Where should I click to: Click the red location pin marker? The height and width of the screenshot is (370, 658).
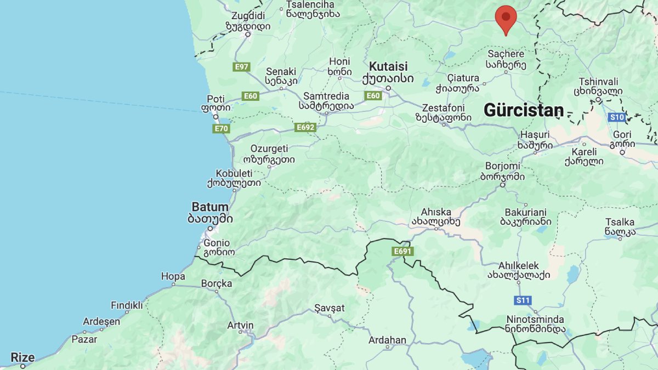506,18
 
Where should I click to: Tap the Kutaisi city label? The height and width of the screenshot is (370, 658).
388,66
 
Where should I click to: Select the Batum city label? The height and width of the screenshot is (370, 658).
210,207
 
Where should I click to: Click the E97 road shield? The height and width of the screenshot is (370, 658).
241,67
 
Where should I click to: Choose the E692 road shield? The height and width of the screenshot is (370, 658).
305,127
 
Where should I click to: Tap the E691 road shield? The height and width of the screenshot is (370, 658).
402,251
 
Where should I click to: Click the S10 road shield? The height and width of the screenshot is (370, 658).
617,117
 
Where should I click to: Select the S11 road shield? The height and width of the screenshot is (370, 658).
523,300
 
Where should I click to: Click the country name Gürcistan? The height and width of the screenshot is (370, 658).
523,110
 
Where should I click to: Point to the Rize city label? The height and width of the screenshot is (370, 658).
23,358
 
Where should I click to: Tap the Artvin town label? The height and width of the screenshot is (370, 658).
241,325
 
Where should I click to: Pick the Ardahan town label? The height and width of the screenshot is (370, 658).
387,340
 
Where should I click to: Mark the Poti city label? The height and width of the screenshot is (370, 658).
216,99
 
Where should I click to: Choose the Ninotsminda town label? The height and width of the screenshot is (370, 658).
532,319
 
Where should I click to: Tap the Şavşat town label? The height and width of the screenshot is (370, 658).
330,308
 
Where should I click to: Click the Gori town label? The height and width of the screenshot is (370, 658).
622,135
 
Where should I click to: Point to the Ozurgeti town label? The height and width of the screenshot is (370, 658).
269,149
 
